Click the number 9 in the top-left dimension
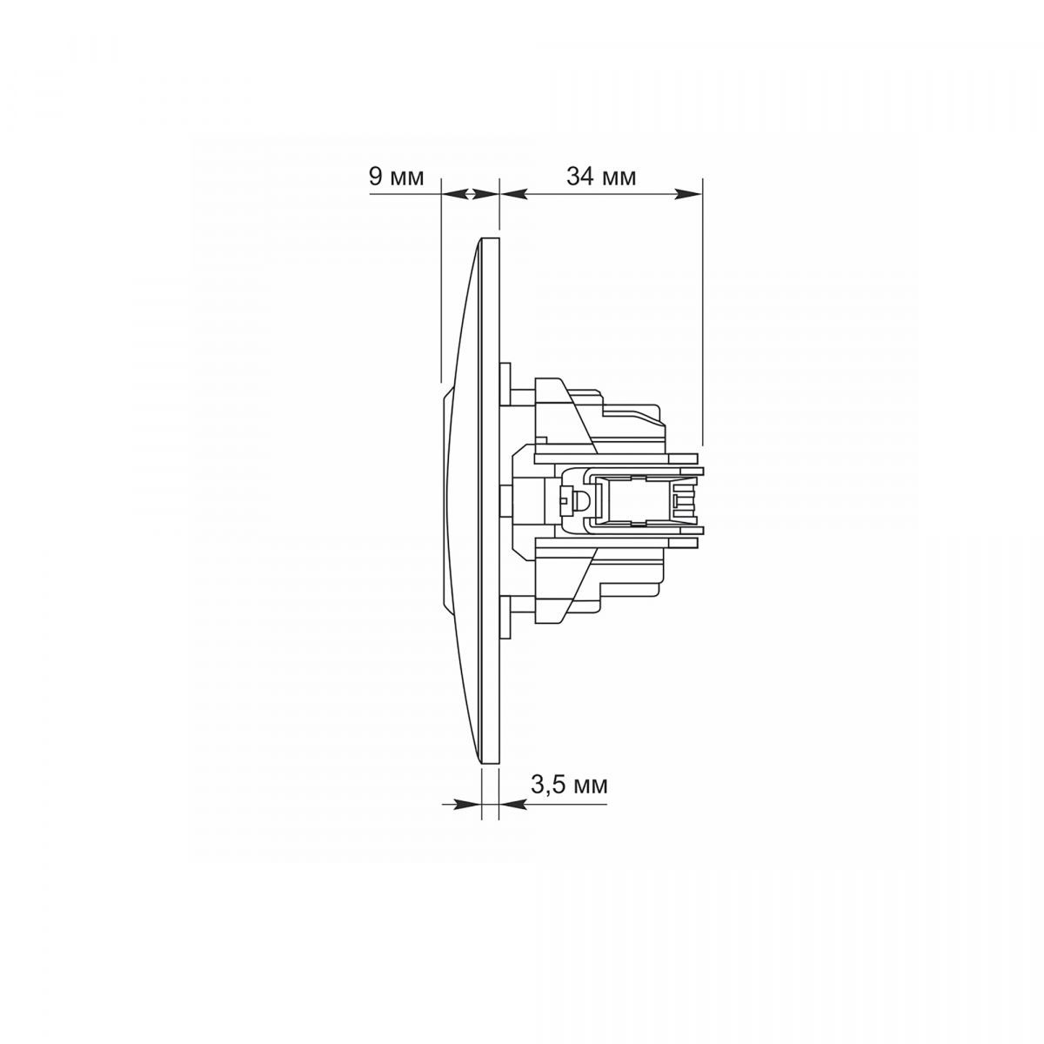pyautogui.click(x=376, y=177)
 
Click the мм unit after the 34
pyautogui.click(x=618, y=178)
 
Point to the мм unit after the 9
pyautogui.click(x=406, y=178)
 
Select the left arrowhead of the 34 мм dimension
pyautogui.click(x=512, y=194)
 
